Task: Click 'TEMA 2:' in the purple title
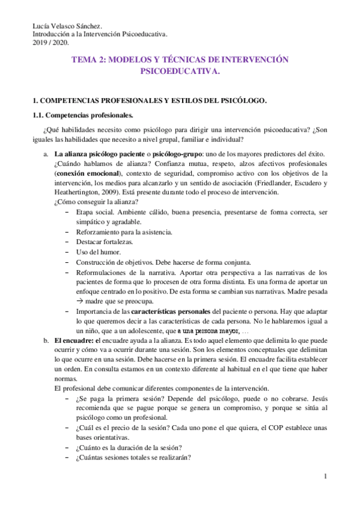[90, 60]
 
